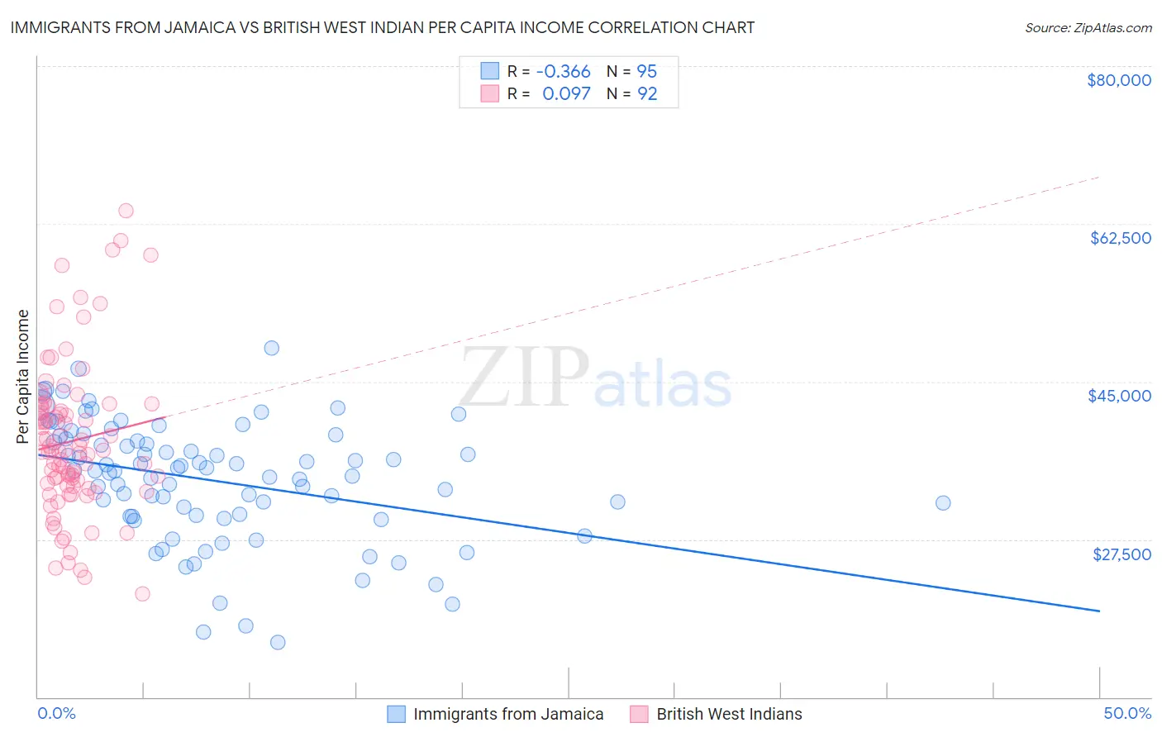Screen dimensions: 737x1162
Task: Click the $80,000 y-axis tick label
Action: [x=1118, y=80]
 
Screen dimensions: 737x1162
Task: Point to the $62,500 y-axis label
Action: [x=1120, y=238]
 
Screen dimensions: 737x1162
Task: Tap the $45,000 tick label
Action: [x=1119, y=396]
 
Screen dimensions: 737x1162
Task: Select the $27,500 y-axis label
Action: [x=1121, y=554]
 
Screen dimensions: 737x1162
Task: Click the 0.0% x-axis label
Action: [x=56, y=713]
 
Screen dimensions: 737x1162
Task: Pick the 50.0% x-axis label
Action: [x=1127, y=713]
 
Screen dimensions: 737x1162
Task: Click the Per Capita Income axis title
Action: [x=23, y=376]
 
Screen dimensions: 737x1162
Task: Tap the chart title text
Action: [x=382, y=27]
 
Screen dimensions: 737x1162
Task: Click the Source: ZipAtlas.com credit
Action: [x=1088, y=28]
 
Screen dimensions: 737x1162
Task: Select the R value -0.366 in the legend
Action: [x=563, y=71]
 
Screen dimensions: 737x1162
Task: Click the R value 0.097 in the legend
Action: [x=566, y=94]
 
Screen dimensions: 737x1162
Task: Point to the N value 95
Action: [x=646, y=71]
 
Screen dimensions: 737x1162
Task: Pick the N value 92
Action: [x=646, y=94]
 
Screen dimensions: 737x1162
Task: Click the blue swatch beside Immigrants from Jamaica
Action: [x=397, y=714]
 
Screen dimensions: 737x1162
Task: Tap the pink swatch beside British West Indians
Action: [x=639, y=714]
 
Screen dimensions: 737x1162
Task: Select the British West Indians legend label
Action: [x=729, y=714]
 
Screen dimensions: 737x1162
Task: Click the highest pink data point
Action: [x=126, y=211]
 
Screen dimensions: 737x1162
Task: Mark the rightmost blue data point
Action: [x=942, y=502]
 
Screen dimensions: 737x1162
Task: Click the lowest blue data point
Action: [x=278, y=642]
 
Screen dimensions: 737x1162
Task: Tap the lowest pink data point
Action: [x=142, y=593]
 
